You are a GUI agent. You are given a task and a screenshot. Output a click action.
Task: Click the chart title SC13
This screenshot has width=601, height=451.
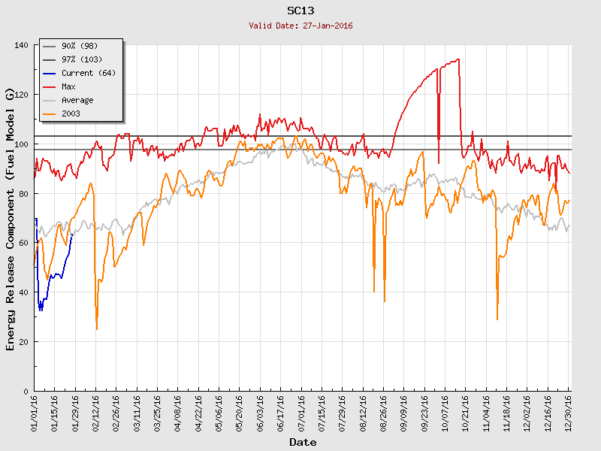click(x=301, y=11)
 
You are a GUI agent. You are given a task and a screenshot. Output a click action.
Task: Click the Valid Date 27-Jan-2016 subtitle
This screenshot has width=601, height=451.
click(x=301, y=26)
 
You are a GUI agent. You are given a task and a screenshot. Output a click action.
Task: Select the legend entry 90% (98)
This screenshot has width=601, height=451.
click(x=79, y=46)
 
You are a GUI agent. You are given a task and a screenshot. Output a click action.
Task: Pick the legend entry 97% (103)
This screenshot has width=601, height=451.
click(x=81, y=59)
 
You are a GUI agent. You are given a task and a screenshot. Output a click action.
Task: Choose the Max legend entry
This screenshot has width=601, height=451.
click(x=68, y=86)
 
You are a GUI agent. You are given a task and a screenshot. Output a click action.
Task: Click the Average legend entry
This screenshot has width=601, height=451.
click(x=77, y=100)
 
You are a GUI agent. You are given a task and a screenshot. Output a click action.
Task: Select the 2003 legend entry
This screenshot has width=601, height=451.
click(x=71, y=114)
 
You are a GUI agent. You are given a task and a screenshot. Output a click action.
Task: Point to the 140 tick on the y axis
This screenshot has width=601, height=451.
click(x=21, y=46)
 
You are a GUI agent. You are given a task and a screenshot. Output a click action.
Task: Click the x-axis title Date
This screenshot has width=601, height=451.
click(x=303, y=442)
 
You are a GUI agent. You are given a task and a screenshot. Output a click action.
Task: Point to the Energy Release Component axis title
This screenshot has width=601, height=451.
click(x=11, y=218)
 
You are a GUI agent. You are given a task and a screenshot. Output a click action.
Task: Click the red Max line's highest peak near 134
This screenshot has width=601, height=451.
click(x=458, y=59)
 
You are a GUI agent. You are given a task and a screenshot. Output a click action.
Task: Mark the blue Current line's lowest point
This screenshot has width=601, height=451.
click(x=41, y=310)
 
